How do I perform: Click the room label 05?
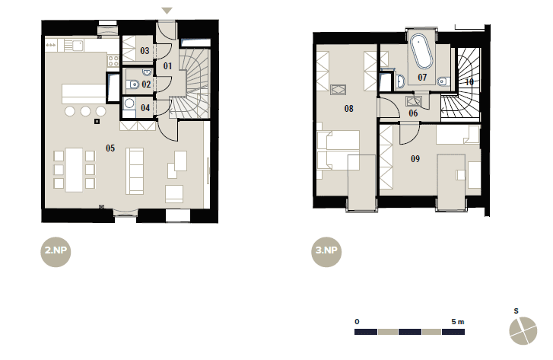[x=110, y=148]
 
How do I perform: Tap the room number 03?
[x=145, y=51]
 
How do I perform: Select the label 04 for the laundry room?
[x=145, y=108]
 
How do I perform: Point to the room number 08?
[x=349, y=109]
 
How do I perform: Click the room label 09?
[x=415, y=159]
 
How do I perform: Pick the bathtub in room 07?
[x=421, y=52]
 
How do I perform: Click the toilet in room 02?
[x=133, y=84]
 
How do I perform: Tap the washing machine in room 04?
[x=129, y=103]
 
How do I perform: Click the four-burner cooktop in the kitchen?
[x=113, y=61]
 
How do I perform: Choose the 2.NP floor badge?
[x=56, y=252]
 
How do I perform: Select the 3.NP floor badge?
[x=326, y=252]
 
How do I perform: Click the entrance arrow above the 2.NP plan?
[x=167, y=11]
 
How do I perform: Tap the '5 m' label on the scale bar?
[x=458, y=322]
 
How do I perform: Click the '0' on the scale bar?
[x=357, y=322]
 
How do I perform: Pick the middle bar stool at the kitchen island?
[x=85, y=112]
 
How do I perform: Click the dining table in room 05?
[x=74, y=170]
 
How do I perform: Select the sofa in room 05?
[x=135, y=171]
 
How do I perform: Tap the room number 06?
[x=413, y=113]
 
